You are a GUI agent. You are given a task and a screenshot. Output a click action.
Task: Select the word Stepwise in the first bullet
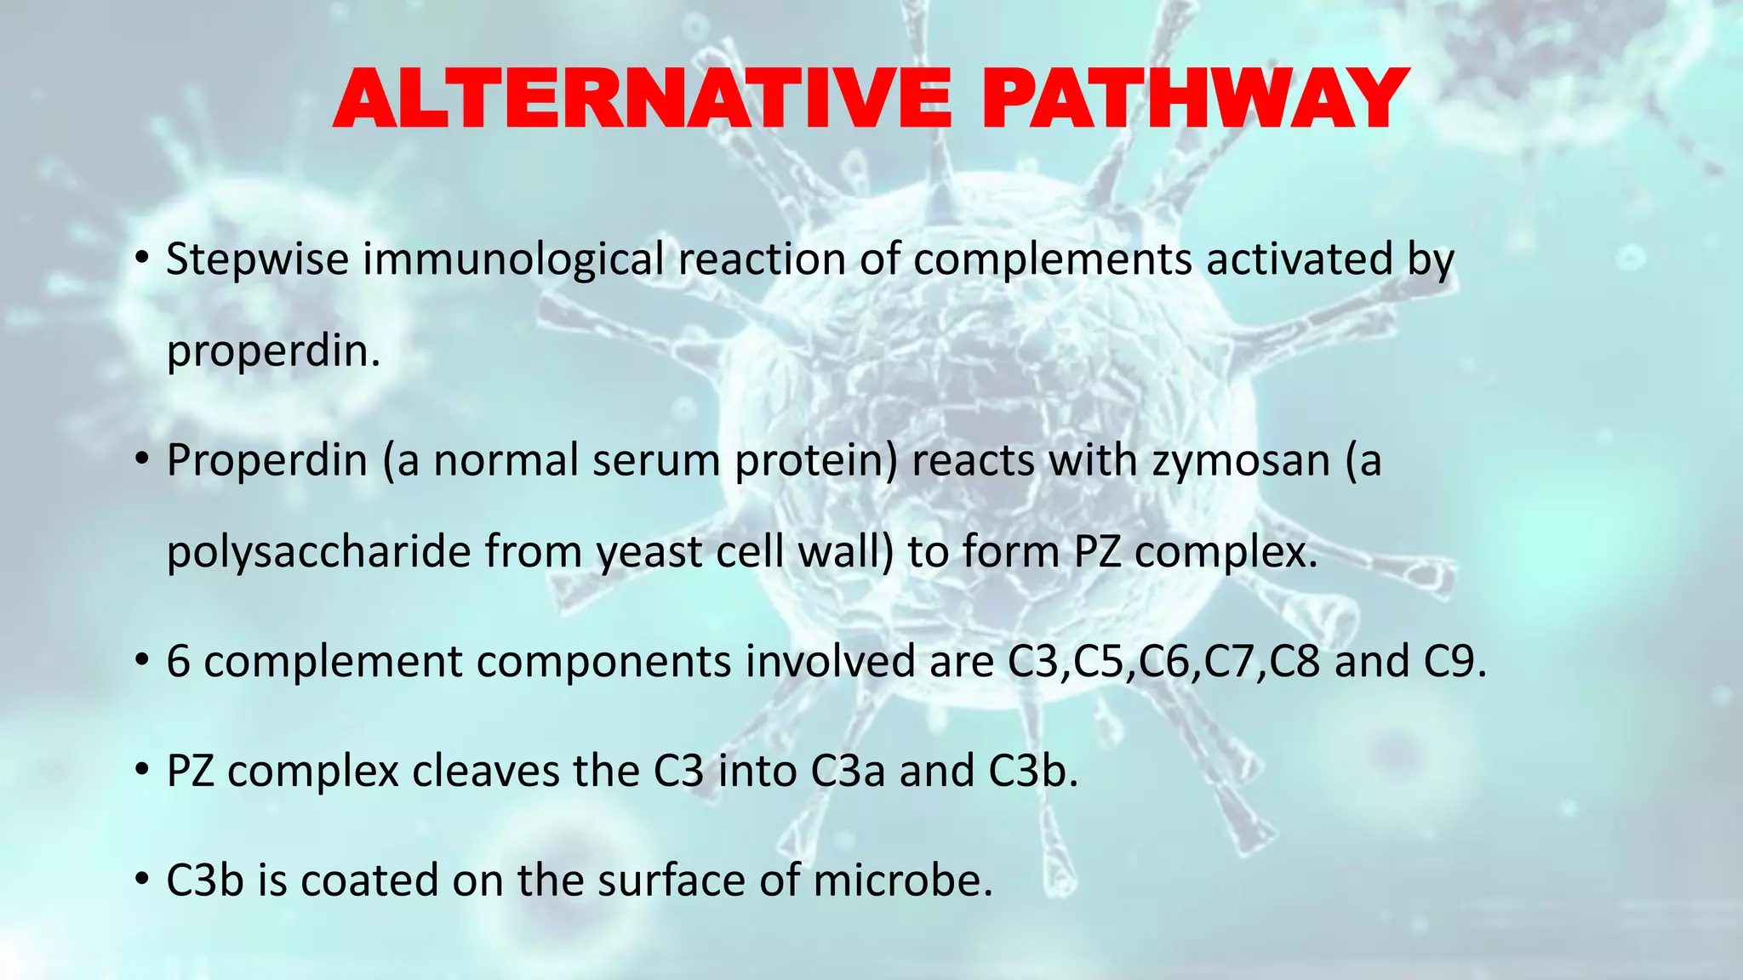click(257, 259)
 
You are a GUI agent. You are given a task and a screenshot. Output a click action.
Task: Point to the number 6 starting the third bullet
click(178, 662)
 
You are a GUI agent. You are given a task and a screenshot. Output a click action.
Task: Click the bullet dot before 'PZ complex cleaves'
click(142, 772)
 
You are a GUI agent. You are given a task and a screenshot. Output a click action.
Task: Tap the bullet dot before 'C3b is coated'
click(142, 880)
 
